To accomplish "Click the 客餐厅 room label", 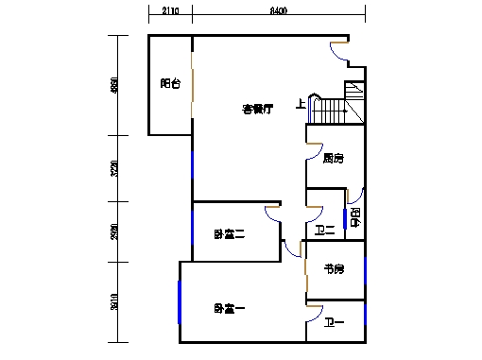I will (x=257, y=110).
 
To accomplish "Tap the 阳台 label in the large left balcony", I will (x=170, y=83).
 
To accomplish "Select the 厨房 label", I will (x=332, y=159).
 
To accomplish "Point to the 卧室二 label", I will (x=229, y=234).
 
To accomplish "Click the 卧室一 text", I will (x=229, y=308).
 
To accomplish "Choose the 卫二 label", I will (x=324, y=231).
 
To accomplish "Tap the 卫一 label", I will (x=334, y=324).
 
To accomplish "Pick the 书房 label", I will (x=334, y=270).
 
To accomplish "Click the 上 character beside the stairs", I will (x=301, y=104).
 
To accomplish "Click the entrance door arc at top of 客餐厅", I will (x=339, y=51).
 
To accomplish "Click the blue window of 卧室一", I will (x=180, y=303).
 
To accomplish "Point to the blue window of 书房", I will (x=365, y=269).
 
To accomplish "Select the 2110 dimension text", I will (x=170, y=12).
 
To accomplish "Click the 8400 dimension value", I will (x=278, y=12).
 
